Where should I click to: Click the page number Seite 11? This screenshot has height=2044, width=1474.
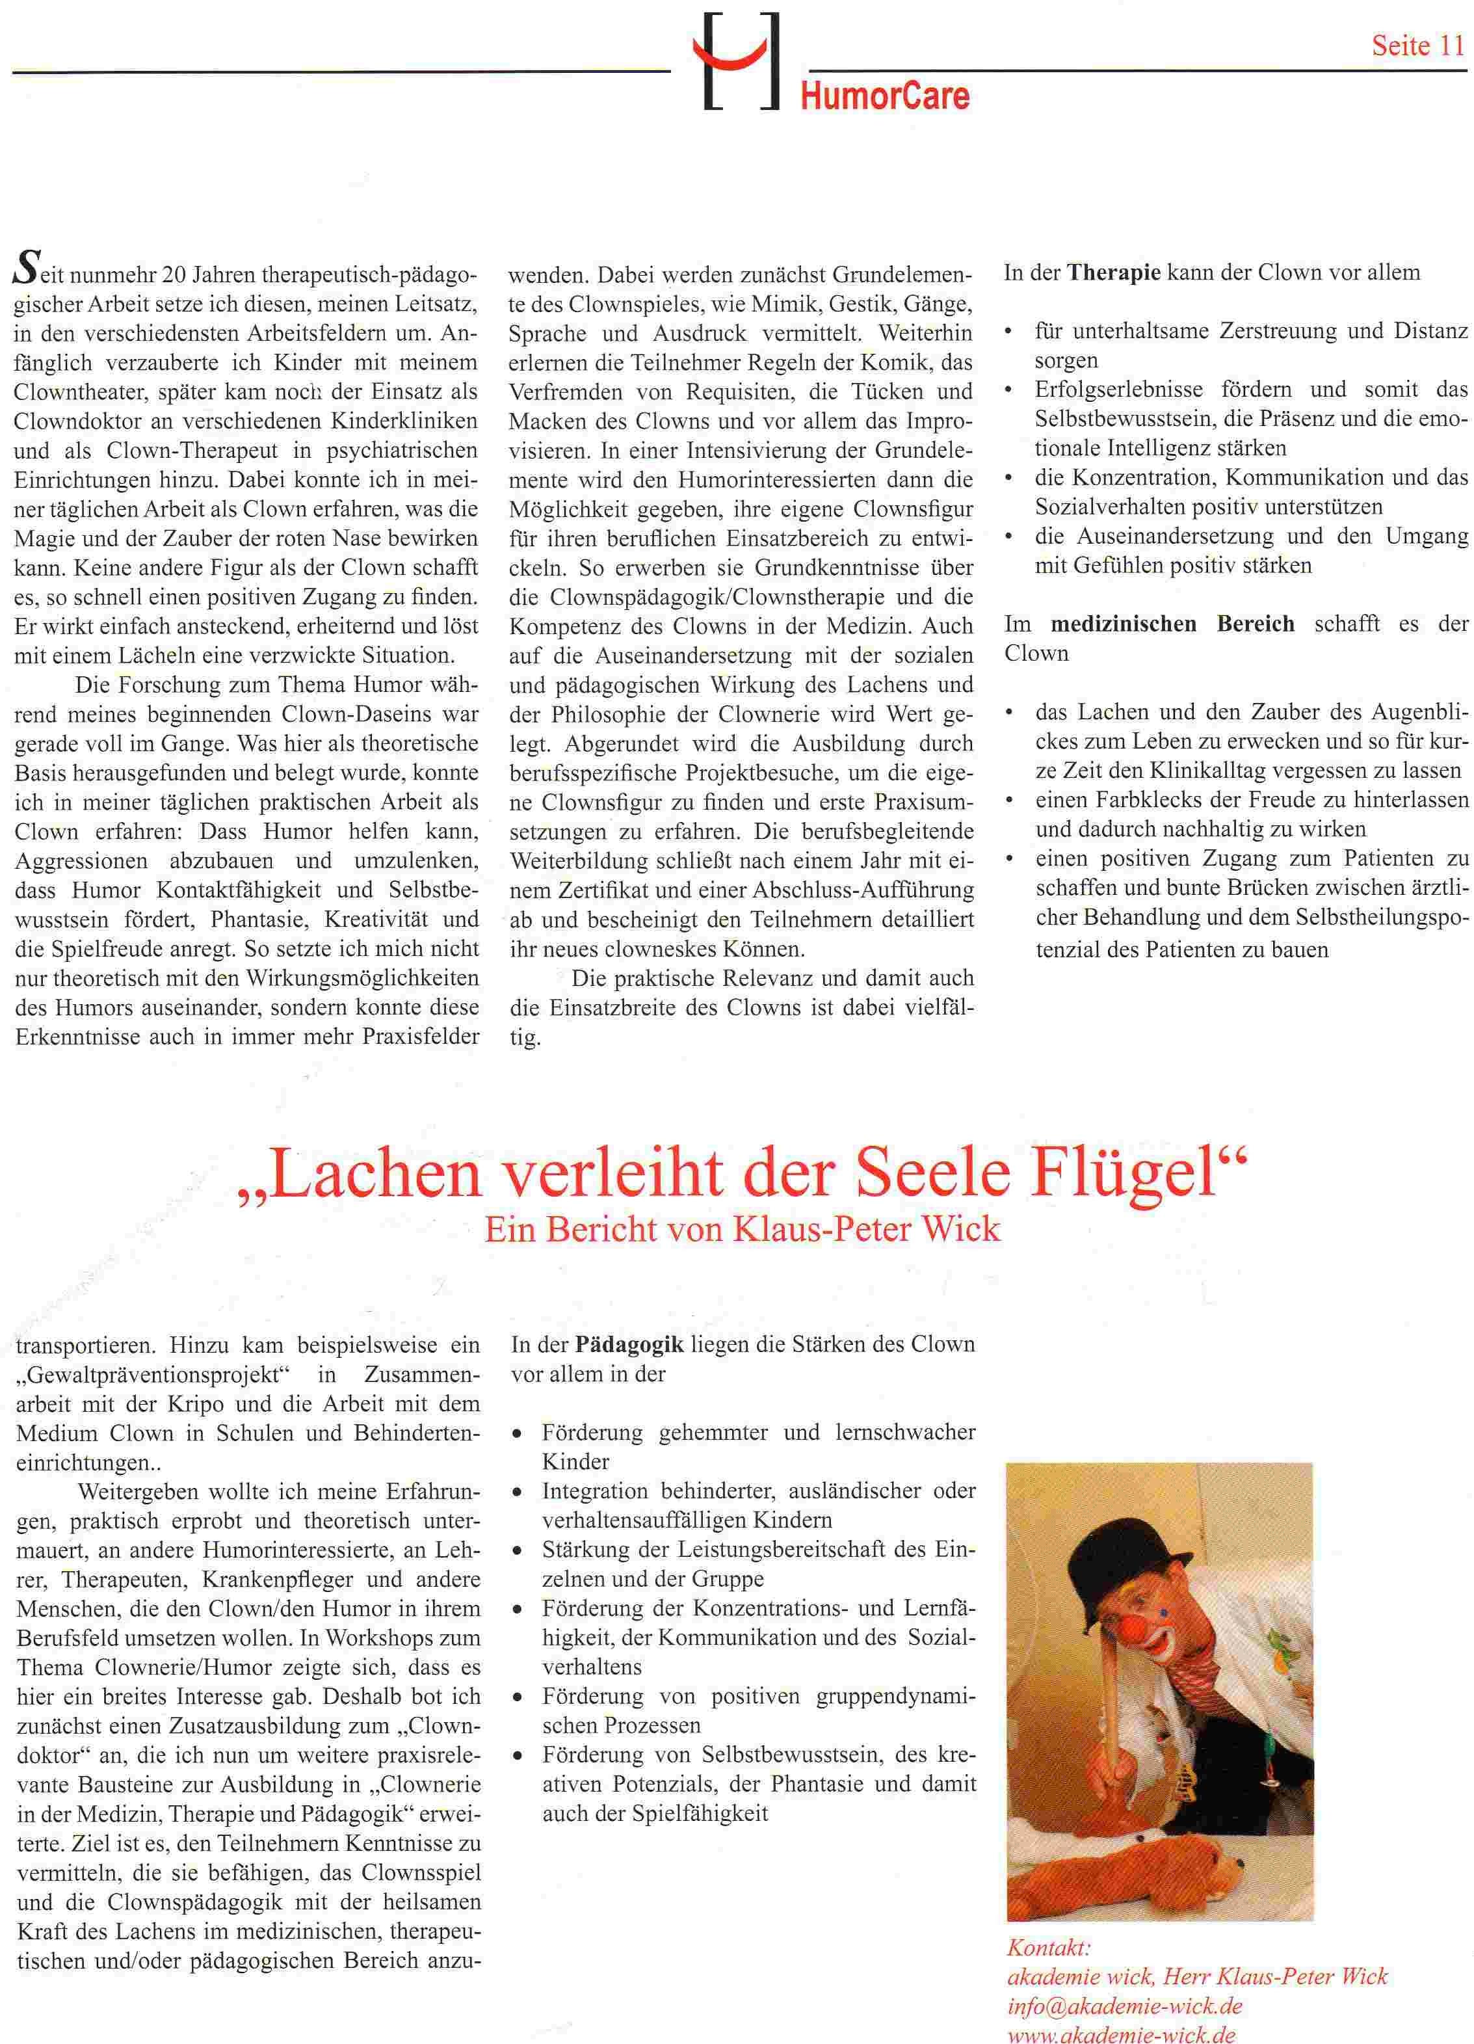1417,45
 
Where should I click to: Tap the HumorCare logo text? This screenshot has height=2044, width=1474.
885,96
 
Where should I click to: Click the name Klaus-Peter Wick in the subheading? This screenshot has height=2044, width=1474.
867,1229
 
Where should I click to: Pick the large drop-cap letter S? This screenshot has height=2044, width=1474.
27,271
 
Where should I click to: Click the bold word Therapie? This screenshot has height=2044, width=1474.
1114,272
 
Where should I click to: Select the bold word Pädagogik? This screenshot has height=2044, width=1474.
630,1345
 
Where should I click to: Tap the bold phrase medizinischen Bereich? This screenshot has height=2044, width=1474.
1172,624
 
